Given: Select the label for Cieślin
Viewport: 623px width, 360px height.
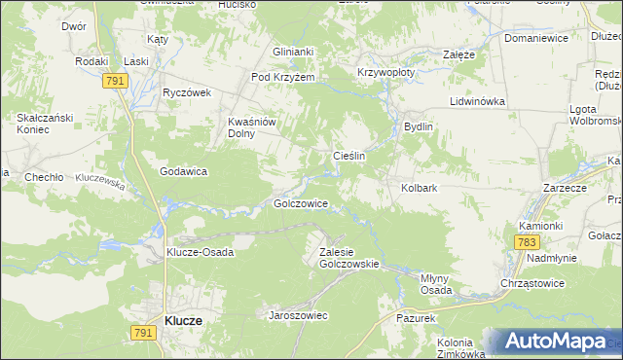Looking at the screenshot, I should tap(349, 156).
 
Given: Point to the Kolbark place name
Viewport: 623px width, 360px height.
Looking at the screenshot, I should tap(419, 188).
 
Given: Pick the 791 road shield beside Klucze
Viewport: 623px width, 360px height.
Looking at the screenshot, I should tap(142, 333).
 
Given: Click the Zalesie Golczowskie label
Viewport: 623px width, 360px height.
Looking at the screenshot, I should tap(348, 257).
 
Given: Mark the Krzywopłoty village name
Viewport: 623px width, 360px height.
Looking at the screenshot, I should tap(386, 72).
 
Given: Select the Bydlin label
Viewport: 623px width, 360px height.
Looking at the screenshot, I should tap(418, 127).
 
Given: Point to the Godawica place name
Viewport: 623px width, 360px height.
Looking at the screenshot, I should tap(185, 171).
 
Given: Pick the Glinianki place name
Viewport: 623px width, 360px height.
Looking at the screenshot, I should tap(293, 53).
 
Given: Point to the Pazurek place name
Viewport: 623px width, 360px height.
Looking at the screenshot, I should tap(421, 318).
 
